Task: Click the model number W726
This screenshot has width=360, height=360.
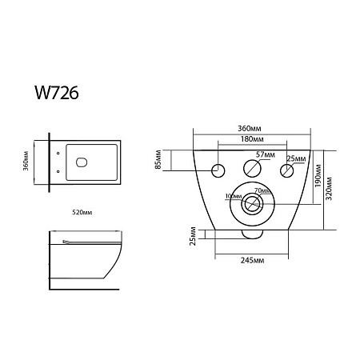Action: pyautogui.click(x=57, y=93)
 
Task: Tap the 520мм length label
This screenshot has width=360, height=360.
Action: pyautogui.click(x=82, y=212)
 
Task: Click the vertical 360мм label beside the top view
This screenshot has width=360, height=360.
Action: pyautogui.click(x=26, y=161)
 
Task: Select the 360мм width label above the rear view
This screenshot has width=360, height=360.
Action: pyautogui.click(x=250, y=129)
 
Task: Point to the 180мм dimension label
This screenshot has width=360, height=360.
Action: pyautogui.click(x=252, y=139)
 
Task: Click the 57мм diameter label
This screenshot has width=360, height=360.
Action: pyautogui.click(x=266, y=154)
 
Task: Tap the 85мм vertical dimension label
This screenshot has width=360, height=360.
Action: pyautogui.click(x=158, y=159)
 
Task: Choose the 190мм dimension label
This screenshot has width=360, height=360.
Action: pyautogui.click(x=318, y=175)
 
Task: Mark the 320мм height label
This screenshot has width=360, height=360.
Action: pyautogui.click(x=329, y=188)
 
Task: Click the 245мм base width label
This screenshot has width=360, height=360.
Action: pyautogui.click(x=252, y=260)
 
